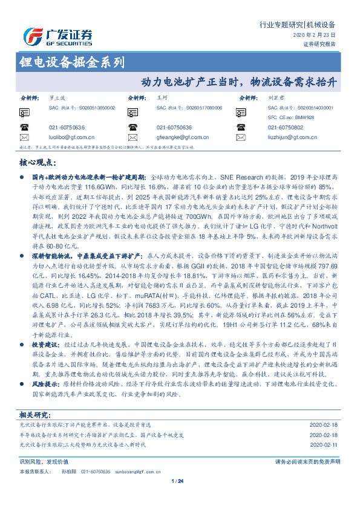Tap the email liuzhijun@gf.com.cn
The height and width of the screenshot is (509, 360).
(293, 138)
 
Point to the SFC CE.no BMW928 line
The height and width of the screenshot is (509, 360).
(291, 117)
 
